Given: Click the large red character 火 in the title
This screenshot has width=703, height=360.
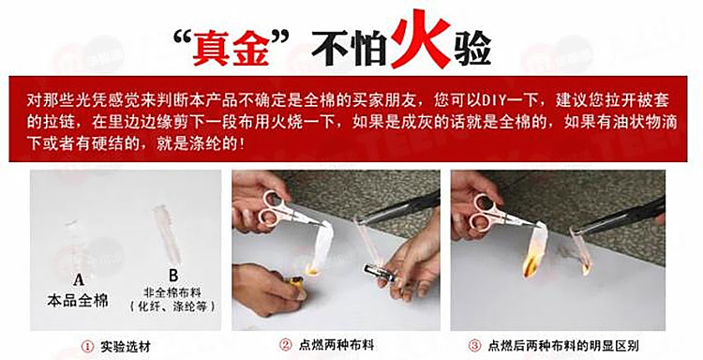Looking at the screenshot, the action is coord(420,38).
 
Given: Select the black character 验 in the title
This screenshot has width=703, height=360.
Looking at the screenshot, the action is coord(472,48).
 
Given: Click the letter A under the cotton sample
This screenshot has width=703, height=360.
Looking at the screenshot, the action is coord(79,280).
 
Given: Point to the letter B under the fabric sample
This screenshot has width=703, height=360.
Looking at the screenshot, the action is coord(173,275).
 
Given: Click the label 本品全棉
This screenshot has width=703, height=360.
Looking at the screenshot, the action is coord(78,299).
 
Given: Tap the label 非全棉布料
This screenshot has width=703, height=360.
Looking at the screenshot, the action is coord(172,292).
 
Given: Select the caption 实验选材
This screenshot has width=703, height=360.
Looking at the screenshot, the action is coord(125,347).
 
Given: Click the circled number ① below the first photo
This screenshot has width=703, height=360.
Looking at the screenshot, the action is coord(87,347).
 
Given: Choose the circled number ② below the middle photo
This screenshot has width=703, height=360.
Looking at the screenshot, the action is coord(286,345).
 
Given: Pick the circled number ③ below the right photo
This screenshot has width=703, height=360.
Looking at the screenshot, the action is coord(474,346).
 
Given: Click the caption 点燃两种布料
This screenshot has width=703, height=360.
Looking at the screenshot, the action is coord(337,345).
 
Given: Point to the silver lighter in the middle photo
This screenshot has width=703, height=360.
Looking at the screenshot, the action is coord(378,273).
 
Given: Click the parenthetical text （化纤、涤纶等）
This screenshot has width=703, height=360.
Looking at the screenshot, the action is coord(172,307).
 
